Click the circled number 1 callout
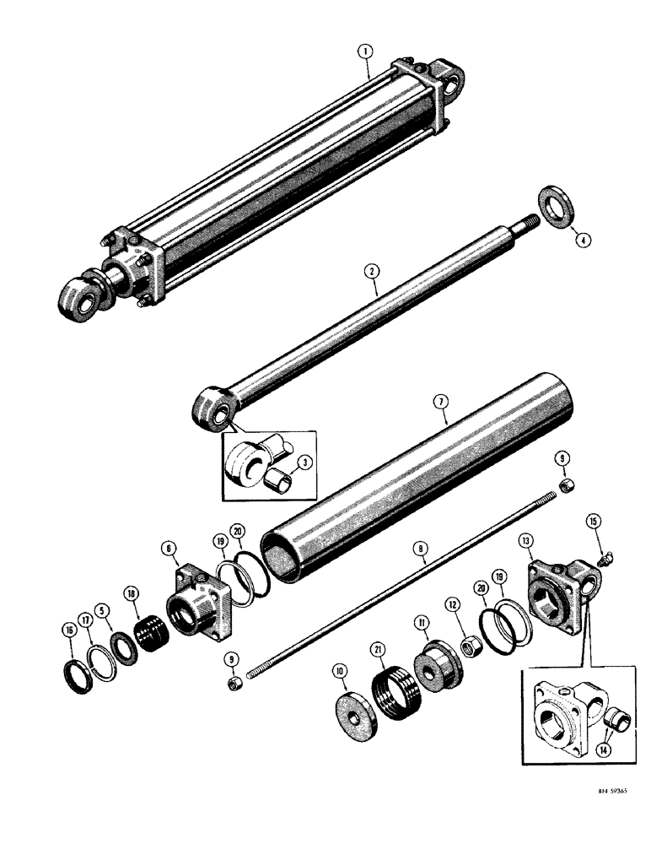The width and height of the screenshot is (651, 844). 364,52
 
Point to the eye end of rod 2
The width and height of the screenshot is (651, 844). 212,410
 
